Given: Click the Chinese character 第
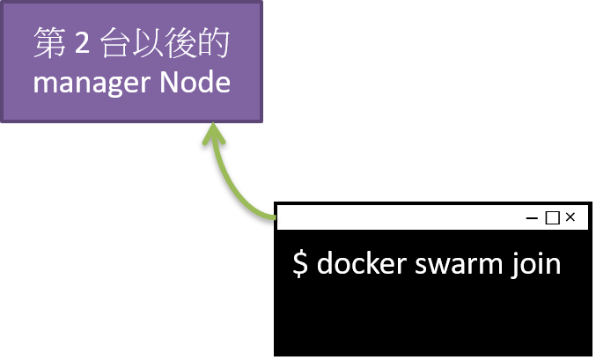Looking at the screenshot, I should pos(49,45).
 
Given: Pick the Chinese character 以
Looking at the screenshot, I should pos(151,45).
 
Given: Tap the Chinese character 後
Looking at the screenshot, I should pos(183,45).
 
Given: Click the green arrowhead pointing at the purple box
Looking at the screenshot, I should pos(211,133).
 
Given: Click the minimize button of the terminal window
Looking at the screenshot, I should pos(532,217).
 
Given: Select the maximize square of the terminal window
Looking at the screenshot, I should pos(552,217).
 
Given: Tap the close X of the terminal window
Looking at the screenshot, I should pos(570,217).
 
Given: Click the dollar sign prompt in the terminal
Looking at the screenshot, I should pos(300,264).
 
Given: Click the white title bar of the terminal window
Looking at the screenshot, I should pos(396,217).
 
